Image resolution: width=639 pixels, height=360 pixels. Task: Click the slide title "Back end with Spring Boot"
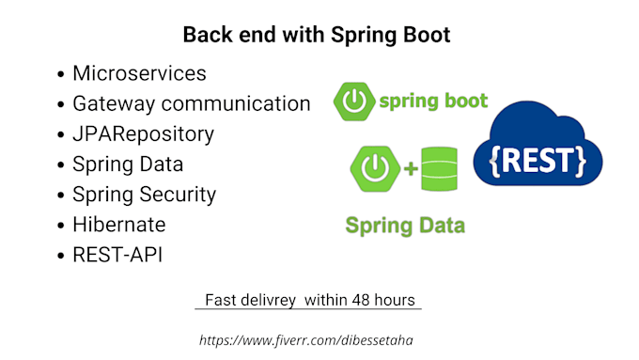click(317, 35)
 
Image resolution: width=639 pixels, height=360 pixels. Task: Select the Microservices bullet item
click(139, 73)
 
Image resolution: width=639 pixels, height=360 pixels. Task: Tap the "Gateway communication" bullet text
click(191, 103)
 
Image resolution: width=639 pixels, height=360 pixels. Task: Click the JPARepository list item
click(143, 134)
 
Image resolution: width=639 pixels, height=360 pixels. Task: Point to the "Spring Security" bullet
click(144, 195)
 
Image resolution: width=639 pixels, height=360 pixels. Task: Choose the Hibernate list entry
click(118, 225)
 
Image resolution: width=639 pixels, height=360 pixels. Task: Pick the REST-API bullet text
click(117, 255)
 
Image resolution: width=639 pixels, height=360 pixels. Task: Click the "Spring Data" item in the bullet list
click(128, 164)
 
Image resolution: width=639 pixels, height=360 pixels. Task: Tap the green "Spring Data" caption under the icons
click(405, 226)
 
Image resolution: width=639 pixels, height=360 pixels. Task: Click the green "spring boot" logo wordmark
click(433, 101)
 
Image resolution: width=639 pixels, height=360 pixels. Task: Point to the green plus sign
click(410, 171)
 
